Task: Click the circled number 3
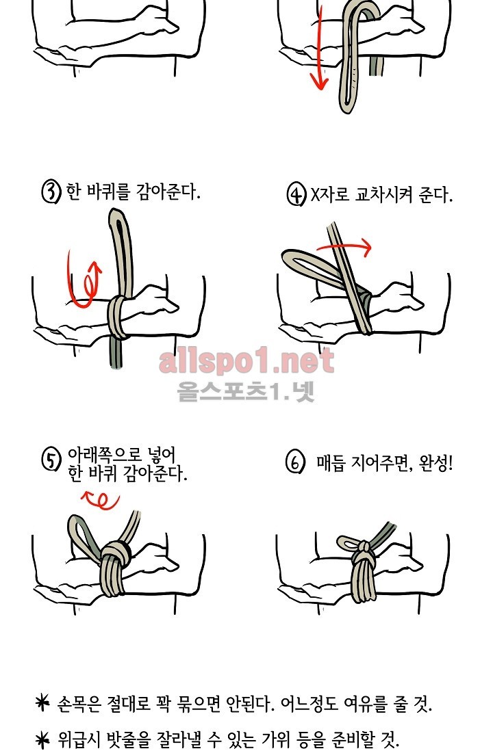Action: [x=51, y=192]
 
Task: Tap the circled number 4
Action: [x=296, y=195]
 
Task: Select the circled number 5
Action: [x=51, y=460]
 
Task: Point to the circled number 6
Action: [x=295, y=463]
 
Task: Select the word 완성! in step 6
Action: [x=435, y=463]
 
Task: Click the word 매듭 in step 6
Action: [x=331, y=463]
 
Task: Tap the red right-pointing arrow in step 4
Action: [x=344, y=248]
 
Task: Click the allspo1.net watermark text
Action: [x=246, y=361]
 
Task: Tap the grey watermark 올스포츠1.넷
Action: [x=246, y=391]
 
